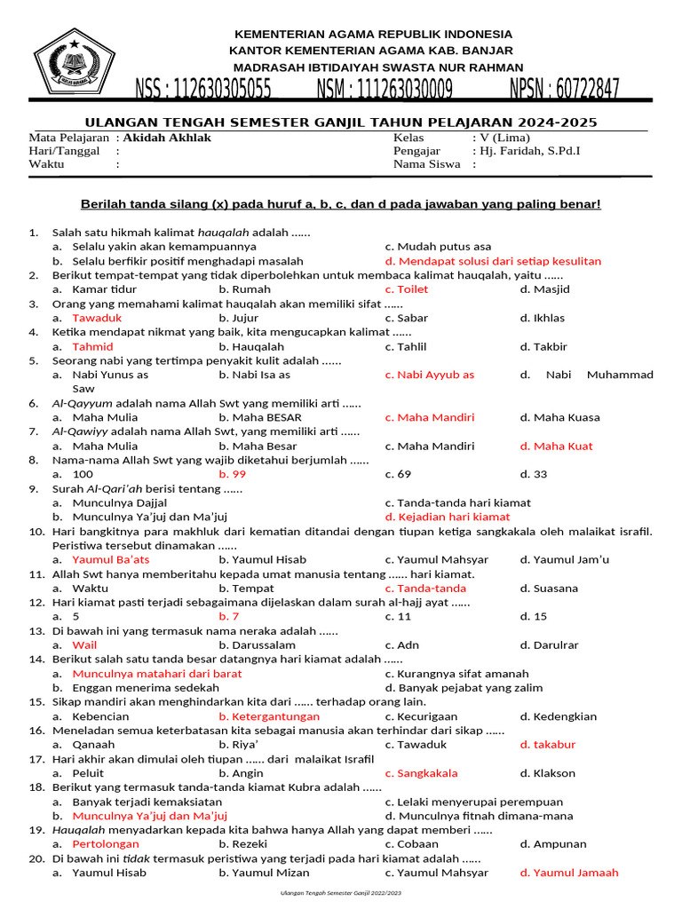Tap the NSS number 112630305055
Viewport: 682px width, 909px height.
tap(203, 90)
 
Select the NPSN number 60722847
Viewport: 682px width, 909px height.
tap(564, 90)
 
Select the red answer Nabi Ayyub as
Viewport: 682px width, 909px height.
tap(429, 375)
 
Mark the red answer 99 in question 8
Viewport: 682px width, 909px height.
tap(232, 474)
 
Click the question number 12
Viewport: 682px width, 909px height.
tap(36, 602)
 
